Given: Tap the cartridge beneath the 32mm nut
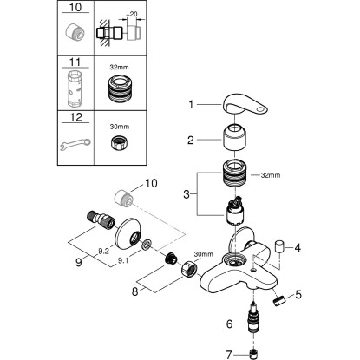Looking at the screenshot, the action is (235, 211).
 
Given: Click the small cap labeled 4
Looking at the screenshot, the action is (279, 248).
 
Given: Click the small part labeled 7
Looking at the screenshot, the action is (253, 353).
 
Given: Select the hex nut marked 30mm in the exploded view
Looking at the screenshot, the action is (189, 269).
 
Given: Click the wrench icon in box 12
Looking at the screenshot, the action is (75, 144).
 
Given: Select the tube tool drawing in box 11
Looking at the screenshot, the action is (75, 89).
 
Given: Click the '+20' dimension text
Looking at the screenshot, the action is (132, 14).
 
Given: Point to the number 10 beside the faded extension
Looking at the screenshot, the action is (150, 183).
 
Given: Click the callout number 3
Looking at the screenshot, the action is (187, 194).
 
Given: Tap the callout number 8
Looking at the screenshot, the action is (134, 291).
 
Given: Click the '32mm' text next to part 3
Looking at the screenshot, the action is (271, 175).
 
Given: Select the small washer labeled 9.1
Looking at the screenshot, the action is (147, 245).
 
